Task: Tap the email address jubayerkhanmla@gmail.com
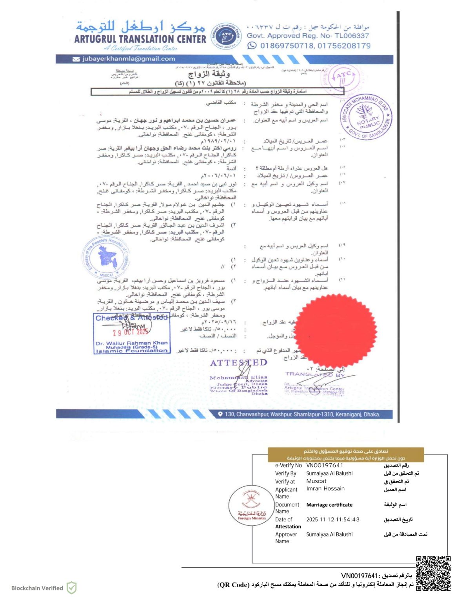click(x=129, y=59)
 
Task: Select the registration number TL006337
click(x=352, y=36)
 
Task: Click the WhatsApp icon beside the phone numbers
click(x=252, y=46)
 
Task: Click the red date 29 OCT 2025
click(x=131, y=332)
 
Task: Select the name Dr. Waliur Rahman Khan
click(x=131, y=343)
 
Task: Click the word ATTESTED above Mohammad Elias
click(x=238, y=363)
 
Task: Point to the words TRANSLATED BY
click(x=315, y=375)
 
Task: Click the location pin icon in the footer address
click(x=220, y=414)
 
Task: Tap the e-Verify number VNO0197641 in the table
click(x=325, y=466)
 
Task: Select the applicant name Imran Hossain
click(x=325, y=489)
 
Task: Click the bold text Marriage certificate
click(x=329, y=505)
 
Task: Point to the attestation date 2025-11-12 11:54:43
click(x=333, y=519)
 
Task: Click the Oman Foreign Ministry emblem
click(x=252, y=505)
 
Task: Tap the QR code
click(x=433, y=573)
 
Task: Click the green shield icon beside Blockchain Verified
click(x=71, y=588)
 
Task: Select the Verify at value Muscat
click(x=316, y=481)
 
